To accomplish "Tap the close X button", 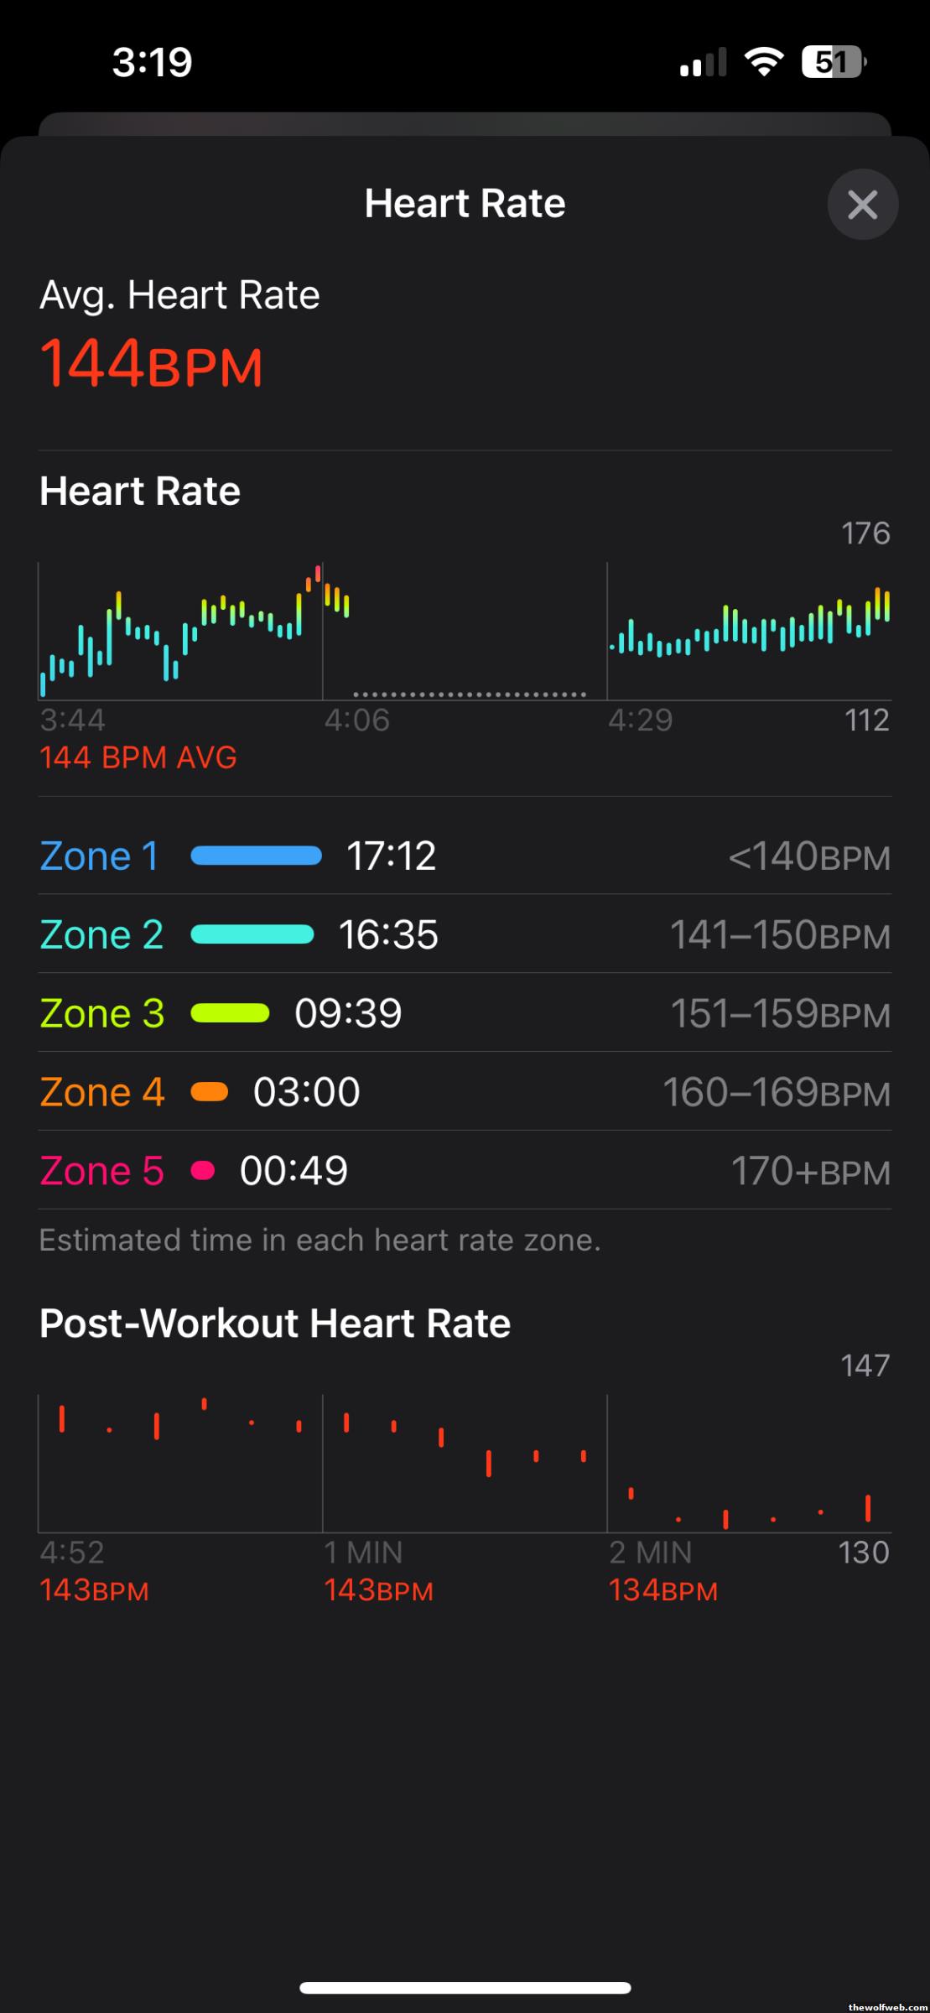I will coord(862,204).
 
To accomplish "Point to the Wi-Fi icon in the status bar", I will coord(764,62).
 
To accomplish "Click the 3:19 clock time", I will coord(153,62).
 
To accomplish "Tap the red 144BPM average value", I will coord(152,364).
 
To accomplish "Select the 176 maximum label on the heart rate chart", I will coord(865,533).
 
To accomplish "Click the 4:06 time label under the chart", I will coord(357,720).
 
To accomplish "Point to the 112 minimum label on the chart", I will coord(866,720).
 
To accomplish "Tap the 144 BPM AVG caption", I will coord(138,757).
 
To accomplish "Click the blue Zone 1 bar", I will coord(257,856).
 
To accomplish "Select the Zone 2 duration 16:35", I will coord(388,934).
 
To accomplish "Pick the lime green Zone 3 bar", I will coord(231,1013).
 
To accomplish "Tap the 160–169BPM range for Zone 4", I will coord(777,1092).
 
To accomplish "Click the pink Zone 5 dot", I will coord(203,1170).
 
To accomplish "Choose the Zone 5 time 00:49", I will coord(294,1171).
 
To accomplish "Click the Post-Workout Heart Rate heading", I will coord(275,1324).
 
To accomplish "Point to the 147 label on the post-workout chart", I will coord(865,1365).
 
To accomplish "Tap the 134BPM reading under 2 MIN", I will coord(663,1590).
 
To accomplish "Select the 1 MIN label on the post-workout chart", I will coord(363,1553).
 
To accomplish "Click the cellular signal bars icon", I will coord(703,62).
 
